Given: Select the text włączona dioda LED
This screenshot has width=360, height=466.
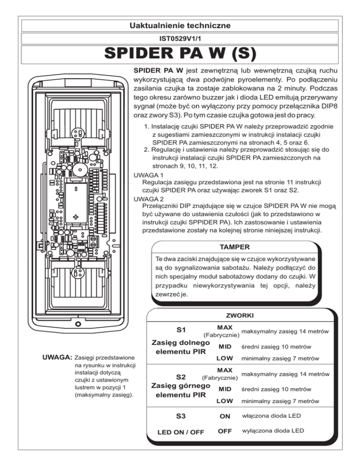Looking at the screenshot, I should click(x=271, y=415).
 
